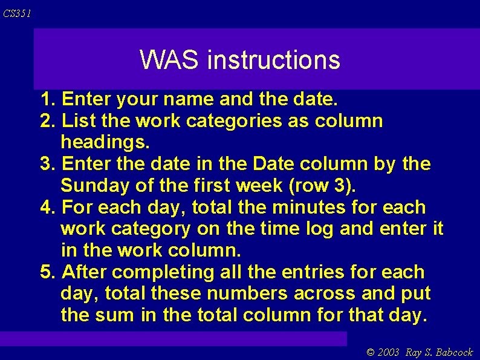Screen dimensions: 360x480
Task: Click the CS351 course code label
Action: tap(16, 13)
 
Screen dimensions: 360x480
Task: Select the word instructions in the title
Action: tap(273, 60)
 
